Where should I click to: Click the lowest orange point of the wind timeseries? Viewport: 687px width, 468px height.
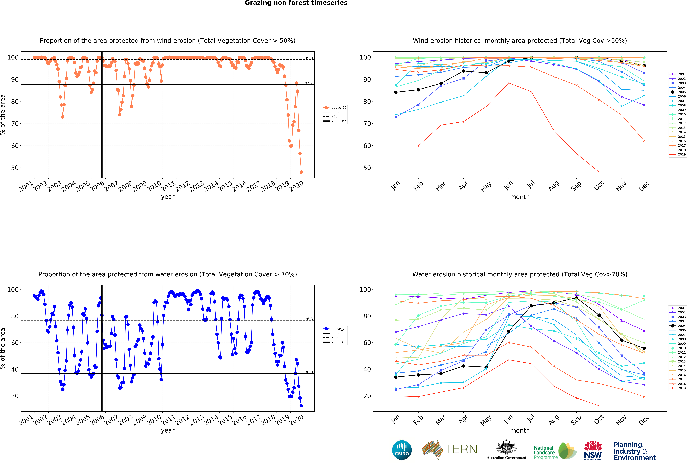point(301,172)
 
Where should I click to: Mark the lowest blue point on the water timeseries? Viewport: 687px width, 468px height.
point(301,406)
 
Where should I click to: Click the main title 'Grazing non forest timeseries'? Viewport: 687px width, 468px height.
point(296,3)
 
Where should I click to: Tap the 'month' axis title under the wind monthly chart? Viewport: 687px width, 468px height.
point(520,197)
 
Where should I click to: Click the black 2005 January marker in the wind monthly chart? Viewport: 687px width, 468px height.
point(396,92)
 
